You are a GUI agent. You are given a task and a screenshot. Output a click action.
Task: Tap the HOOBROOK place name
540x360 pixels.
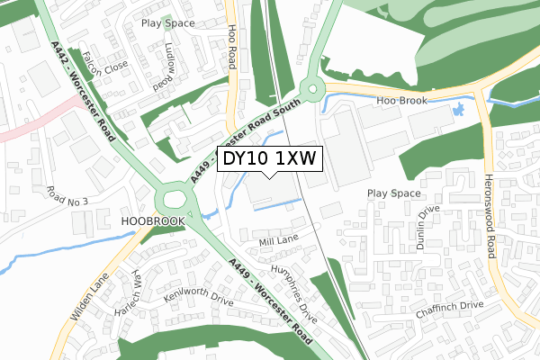(x=152, y=220)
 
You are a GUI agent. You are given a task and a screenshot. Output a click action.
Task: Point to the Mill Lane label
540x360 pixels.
(x=276, y=242)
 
